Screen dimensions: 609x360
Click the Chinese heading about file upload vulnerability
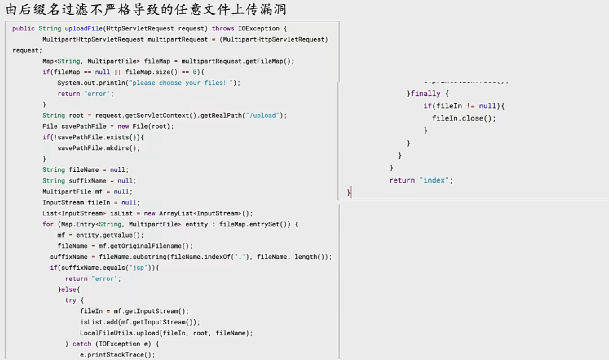146,9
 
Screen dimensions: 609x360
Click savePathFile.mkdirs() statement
99,148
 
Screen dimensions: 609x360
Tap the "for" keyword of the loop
48,224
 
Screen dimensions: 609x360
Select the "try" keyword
71,300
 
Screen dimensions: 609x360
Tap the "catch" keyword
82,344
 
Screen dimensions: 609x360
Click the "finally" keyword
425,94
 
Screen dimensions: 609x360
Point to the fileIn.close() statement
464,118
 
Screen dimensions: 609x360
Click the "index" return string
436,180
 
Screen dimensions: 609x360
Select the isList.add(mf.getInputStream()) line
140,322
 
